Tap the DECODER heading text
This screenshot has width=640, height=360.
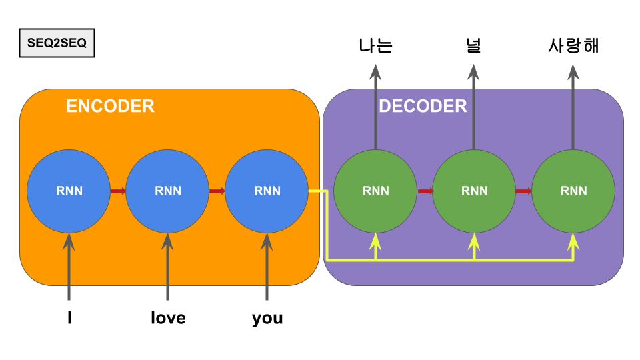[x=423, y=106]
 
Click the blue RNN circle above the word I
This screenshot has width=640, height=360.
[x=69, y=191]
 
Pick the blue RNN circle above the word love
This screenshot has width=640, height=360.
[x=167, y=191]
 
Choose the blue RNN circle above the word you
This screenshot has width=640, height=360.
[x=267, y=191]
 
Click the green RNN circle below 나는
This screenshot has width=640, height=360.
[x=375, y=191]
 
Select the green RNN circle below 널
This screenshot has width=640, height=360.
[x=474, y=191]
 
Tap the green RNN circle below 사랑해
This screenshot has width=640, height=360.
[x=573, y=191]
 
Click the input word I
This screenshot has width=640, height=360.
[x=69, y=318]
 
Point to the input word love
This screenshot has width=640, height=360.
[x=167, y=318]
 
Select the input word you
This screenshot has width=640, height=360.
[x=267, y=318]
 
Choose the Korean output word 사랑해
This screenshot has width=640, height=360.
[x=573, y=46]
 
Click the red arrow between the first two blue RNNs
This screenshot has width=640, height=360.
[x=117, y=191]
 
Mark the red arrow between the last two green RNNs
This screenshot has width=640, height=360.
[x=523, y=191]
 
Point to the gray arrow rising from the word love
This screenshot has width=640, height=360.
[x=167, y=267]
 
